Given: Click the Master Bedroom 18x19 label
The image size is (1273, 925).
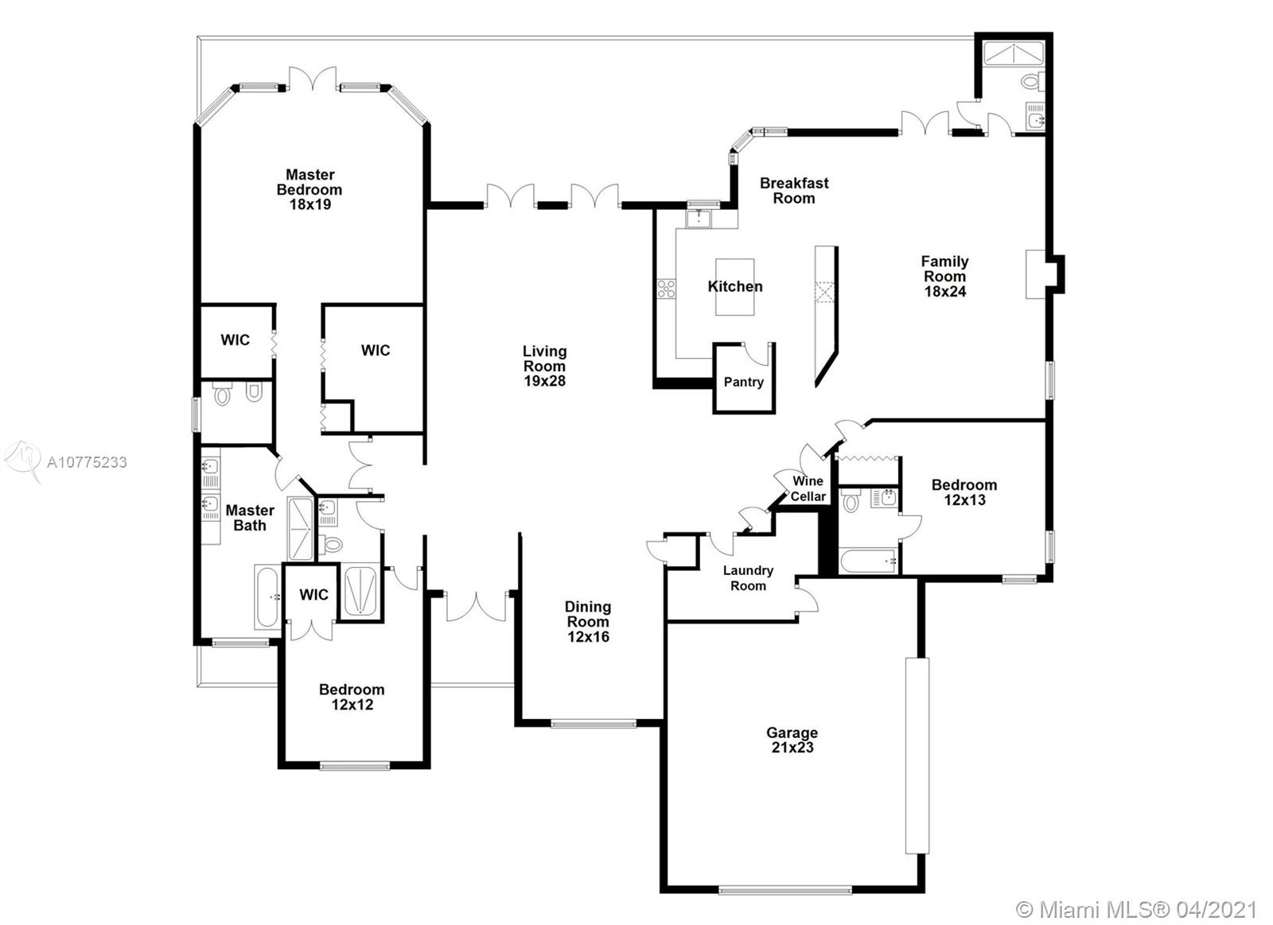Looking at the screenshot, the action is (x=309, y=189).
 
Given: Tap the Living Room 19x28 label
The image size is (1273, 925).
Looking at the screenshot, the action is (x=544, y=366).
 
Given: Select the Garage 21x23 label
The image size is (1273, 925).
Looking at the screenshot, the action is (x=792, y=740).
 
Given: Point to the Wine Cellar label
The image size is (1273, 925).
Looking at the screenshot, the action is (x=808, y=488).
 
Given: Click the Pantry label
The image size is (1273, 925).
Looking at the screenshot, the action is (x=743, y=382).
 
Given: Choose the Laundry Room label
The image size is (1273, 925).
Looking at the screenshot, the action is (x=748, y=578).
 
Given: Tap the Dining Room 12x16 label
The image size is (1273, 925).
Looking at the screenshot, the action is (x=588, y=622).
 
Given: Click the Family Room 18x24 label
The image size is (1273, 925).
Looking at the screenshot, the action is (x=944, y=276).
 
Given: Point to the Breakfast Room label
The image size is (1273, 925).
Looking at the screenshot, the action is (x=794, y=190).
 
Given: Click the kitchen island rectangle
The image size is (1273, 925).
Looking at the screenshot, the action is (x=735, y=287).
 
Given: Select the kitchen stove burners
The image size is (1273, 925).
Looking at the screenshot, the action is (x=666, y=289).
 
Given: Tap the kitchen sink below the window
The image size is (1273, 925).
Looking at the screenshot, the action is (x=699, y=219).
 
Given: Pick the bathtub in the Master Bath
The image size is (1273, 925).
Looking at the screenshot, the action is (x=267, y=597).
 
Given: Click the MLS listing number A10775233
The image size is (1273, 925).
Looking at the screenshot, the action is (x=87, y=463).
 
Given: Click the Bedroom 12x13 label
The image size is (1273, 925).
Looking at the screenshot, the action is (x=964, y=492).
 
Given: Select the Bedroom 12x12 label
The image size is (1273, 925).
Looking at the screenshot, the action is (x=352, y=698).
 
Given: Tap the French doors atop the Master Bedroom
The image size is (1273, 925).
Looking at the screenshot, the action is (x=312, y=79).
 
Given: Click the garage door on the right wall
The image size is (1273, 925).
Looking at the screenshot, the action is (x=917, y=756).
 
